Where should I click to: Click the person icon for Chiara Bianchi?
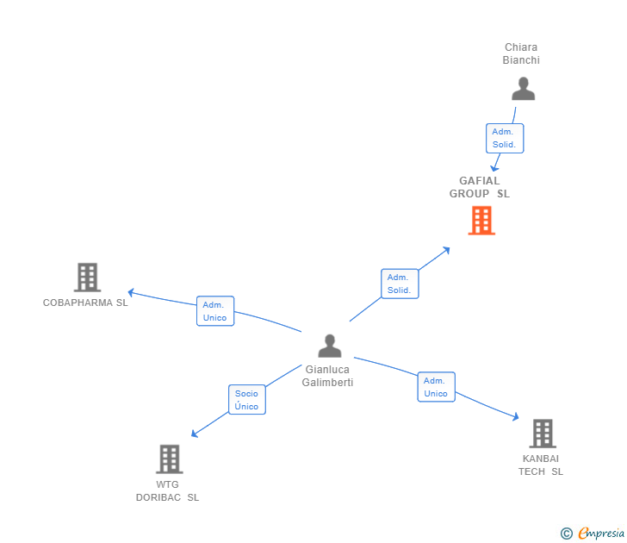coord(523,89)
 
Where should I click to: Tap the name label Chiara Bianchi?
coord(521,54)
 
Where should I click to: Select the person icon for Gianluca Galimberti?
coord(330,346)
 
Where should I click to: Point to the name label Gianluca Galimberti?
coord(327,376)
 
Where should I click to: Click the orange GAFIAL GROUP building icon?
coord(481,221)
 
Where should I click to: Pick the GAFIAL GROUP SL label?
coord(480,187)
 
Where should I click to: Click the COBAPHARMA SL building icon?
coord(87,278)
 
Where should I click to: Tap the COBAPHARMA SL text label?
coord(85,303)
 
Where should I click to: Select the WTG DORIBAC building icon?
coord(170,459)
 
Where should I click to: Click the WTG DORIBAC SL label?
coord(167,490)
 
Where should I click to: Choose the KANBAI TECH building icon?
coord(542,433)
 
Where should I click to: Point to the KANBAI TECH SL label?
coord(541,465)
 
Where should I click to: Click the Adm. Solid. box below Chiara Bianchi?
coord(504,138)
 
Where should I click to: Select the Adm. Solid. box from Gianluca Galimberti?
coord(400,284)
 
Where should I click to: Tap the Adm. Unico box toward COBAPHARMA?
coord(215,311)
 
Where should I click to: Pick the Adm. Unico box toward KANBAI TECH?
coord(436,387)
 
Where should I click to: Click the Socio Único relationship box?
coord(246,400)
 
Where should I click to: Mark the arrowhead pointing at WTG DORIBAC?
coord(194,434)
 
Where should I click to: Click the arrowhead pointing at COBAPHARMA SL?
coord(130,292)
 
